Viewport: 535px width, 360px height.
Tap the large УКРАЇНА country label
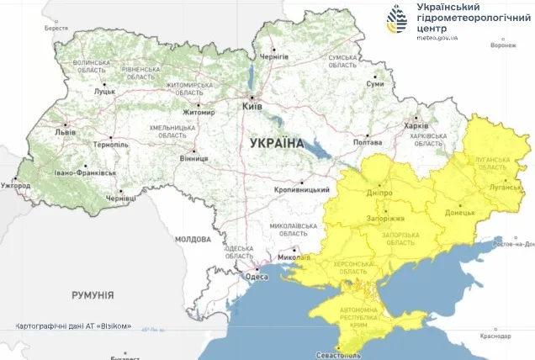(x=276, y=144)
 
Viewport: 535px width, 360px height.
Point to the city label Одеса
(x=256, y=277)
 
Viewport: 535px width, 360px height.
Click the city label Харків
(x=416, y=126)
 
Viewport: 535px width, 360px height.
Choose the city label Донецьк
(x=460, y=211)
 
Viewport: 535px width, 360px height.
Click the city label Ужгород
(x=16, y=184)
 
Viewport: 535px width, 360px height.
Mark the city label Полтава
(x=368, y=142)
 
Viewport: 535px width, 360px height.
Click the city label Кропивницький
(x=302, y=190)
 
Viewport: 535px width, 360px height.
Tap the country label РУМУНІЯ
(x=93, y=295)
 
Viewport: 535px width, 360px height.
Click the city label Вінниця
(x=194, y=158)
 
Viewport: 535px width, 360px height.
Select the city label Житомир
(x=199, y=112)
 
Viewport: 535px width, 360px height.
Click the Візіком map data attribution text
(x=73, y=326)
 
